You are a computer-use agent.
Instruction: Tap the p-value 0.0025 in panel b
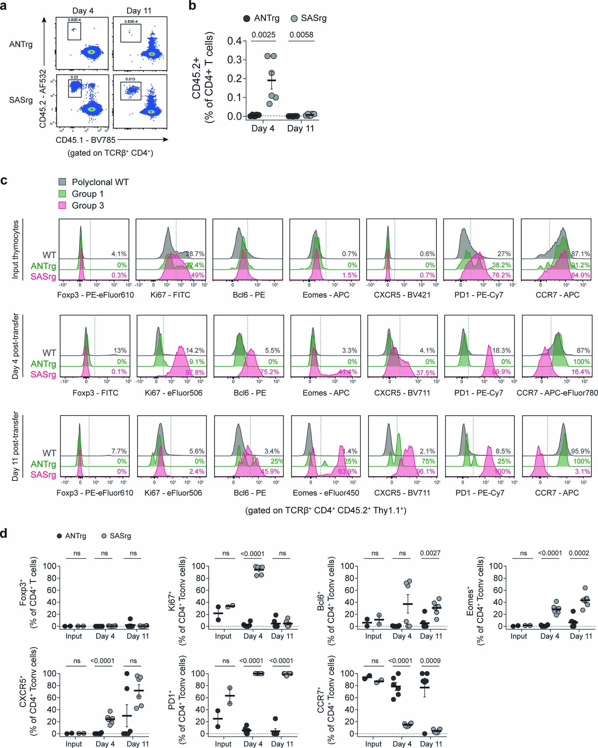pyautogui.click(x=264, y=35)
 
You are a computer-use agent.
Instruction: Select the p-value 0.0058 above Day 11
pyautogui.click(x=301, y=35)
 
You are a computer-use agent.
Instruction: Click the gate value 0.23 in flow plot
pyautogui.click(x=74, y=77)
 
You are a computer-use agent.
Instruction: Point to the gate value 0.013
pyautogui.click(x=130, y=79)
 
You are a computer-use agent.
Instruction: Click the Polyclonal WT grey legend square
pyautogui.click(x=62, y=182)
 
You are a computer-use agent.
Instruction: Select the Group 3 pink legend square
pyautogui.click(x=62, y=205)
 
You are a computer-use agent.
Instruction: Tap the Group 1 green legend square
pyautogui.click(x=62, y=194)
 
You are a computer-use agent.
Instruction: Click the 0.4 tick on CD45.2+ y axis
pyautogui.click(x=234, y=41)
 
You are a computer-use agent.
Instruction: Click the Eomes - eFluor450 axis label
pyautogui.click(x=326, y=493)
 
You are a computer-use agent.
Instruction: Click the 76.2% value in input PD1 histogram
pyautogui.click(x=501, y=275)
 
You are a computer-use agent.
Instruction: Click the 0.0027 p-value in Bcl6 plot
pyautogui.click(x=430, y=553)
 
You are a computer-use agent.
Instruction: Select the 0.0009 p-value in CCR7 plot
pyautogui.click(x=430, y=661)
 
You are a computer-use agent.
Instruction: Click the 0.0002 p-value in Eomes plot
pyautogui.click(x=579, y=553)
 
